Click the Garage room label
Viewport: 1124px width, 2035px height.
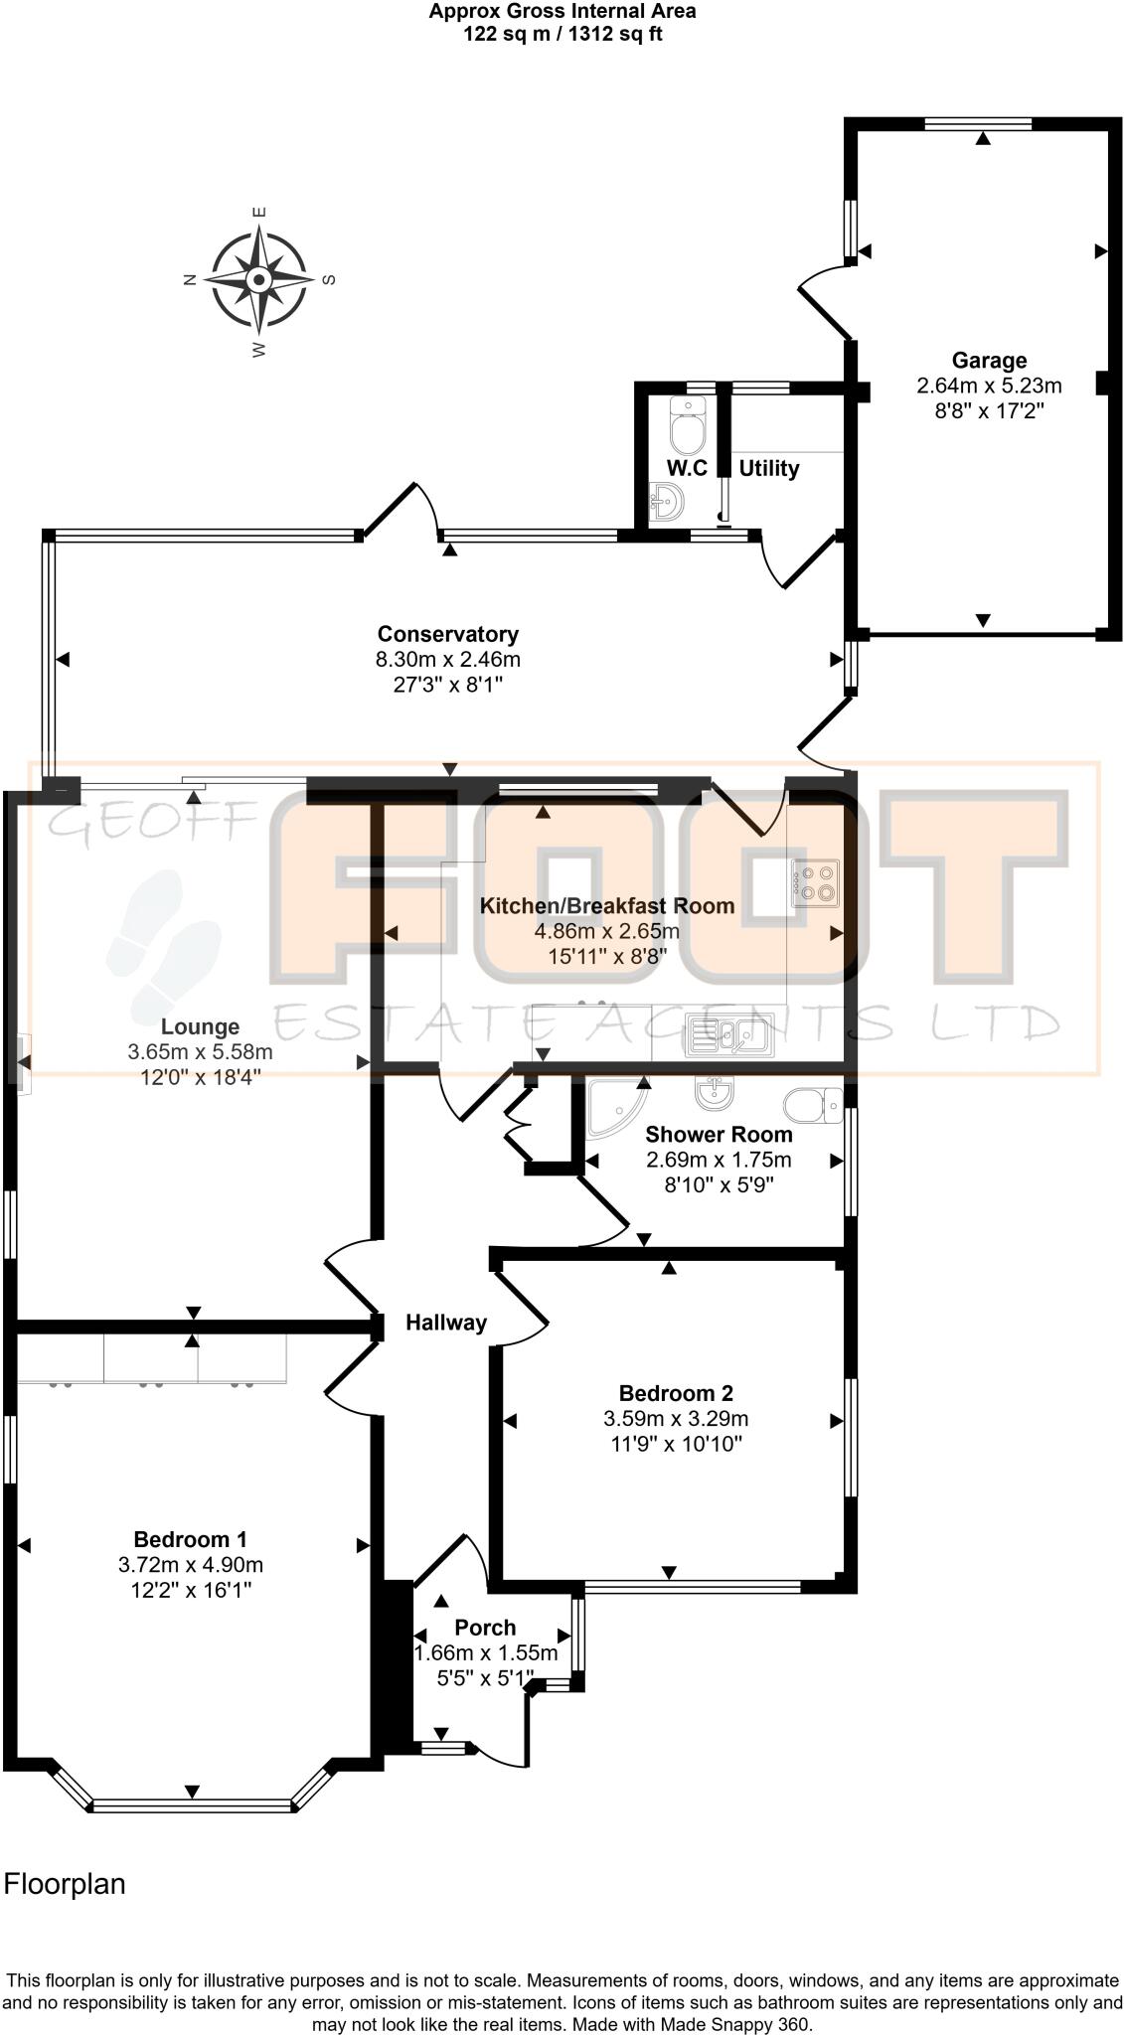click(x=989, y=360)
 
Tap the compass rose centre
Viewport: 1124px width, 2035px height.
click(x=258, y=279)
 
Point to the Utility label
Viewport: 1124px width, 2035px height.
click(x=769, y=468)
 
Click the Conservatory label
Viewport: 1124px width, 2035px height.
click(x=447, y=634)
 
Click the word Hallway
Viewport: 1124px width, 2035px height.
click(x=446, y=1322)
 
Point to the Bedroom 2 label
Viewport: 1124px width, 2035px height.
click(x=676, y=1393)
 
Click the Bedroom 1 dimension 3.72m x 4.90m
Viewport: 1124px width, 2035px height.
click(x=190, y=1565)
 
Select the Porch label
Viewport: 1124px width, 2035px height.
click(x=485, y=1628)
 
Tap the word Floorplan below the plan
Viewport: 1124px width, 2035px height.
click(x=65, y=1884)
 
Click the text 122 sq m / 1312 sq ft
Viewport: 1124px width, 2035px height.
click(x=562, y=34)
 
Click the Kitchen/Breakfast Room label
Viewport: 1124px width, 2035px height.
click(x=607, y=905)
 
